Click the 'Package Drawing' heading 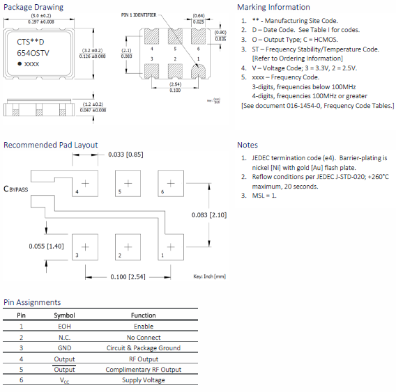tap(33, 8)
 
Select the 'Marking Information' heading tap(274, 8)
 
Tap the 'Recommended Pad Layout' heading tap(50, 145)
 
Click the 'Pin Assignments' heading tap(31, 302)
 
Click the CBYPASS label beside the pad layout tap(16, 189)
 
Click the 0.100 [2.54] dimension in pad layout tap(127, 277)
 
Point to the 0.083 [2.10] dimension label tap(208, 215)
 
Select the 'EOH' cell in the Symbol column tap(64, 326)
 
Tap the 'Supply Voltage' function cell tap(143, 380)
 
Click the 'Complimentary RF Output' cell tap(143, 369)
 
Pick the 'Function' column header tap(143, 315)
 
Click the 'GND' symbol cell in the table tap(64, 347)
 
